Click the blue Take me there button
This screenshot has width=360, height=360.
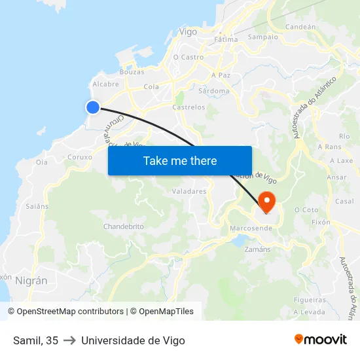[x=180, y=160]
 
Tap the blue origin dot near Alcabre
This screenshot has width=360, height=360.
[x=93, y=107]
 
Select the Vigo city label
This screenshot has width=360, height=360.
[x=188, y=31]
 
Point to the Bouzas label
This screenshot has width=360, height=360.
[x=132, y=72]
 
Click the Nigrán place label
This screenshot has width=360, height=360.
[x=31, y=280]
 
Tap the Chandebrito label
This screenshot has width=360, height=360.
[x=123, y=226]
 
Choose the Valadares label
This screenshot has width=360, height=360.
[x=189, y=192]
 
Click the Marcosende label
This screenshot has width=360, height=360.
[x=251, y=228]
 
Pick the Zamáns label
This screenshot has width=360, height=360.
[x=257, y=249]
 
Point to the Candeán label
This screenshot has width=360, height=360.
[x=300, y=27]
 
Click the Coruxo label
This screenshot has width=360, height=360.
[x=80, y=157]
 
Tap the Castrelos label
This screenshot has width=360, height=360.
[x=189, y=107]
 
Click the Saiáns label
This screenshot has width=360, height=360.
[x=37, y=206]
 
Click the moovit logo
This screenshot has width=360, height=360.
[x=320, y=339]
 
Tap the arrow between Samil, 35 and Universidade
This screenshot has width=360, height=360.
[x=69, y=340]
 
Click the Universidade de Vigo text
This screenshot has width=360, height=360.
[x=133, y=340]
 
